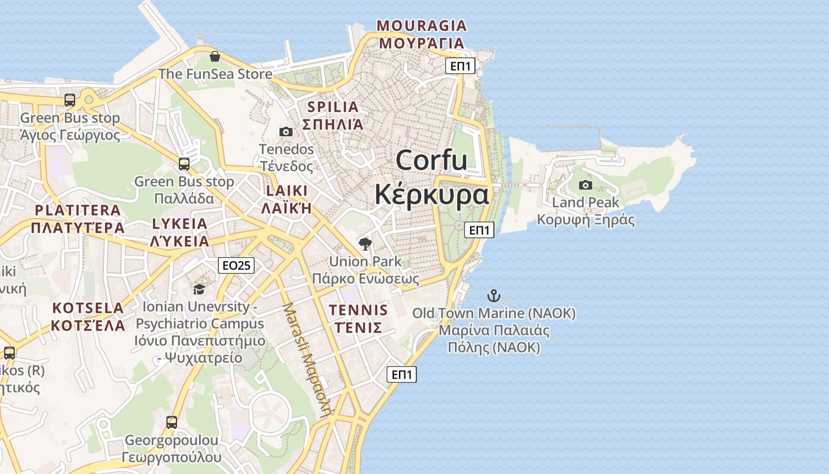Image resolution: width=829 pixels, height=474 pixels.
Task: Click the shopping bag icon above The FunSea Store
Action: tap(214, 56)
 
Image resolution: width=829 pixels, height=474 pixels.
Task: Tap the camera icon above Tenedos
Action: tap(286, 132)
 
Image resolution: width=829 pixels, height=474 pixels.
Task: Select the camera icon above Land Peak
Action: tap(586, 185)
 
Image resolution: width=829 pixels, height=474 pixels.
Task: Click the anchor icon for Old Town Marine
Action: tap(493, 295)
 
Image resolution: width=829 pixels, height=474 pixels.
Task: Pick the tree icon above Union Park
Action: tap(365, 244)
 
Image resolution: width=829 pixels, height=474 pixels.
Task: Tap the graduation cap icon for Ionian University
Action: tap(199, 289)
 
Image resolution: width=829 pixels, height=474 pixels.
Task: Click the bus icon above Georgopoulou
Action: tap(172, 422)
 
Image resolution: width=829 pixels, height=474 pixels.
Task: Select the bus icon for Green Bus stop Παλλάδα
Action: tap(184, 164)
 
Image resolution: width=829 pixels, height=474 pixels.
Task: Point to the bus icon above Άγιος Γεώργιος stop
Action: tap(70, 100)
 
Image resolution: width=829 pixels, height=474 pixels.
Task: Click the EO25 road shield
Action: tap(236, 265)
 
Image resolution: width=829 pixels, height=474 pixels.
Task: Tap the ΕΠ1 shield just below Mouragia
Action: tap(460, 66)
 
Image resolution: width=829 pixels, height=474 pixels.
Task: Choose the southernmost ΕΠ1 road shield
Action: tap(401, 374)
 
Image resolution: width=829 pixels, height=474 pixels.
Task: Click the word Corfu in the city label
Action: tap(432, 161)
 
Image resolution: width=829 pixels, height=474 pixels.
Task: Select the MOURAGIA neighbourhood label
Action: tap(422, 26)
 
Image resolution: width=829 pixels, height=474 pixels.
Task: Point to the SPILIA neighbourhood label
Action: tap(333, 107)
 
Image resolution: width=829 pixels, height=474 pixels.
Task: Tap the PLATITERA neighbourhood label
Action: tap(78, 210)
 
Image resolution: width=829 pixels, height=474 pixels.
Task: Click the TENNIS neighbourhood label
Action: tap(358, 310)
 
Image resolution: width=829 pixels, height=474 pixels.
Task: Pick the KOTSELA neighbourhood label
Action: tap(88, 308)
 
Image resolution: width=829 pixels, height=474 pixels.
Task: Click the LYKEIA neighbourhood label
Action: tap(180, 224)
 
